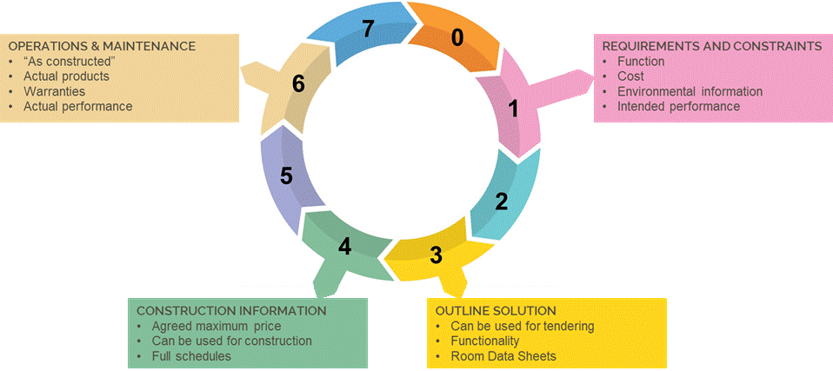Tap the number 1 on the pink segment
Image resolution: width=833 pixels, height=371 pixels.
[513, 109]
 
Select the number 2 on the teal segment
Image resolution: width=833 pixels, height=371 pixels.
[501, 202]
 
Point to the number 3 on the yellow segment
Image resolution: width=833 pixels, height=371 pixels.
[436, 255]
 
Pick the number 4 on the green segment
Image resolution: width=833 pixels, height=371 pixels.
[344, 247]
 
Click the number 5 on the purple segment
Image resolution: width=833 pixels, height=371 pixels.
[286, 176]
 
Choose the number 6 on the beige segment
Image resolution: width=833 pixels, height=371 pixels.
[298, 84]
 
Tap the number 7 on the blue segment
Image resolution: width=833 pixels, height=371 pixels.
[368, 29]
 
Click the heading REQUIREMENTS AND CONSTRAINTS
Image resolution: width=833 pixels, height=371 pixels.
[712, 46]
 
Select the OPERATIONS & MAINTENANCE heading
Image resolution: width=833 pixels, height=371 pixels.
[102, 46]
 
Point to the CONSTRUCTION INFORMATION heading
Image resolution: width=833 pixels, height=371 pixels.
[231, 310]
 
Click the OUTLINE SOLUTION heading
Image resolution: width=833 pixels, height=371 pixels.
[495, 310]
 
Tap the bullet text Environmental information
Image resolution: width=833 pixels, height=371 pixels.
[690, 91]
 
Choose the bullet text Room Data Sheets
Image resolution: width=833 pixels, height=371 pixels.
[503, 356]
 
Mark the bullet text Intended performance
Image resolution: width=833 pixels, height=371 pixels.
[678, 106]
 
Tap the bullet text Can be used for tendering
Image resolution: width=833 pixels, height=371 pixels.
[522, 326]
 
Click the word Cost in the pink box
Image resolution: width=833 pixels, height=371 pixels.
[630, 76]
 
